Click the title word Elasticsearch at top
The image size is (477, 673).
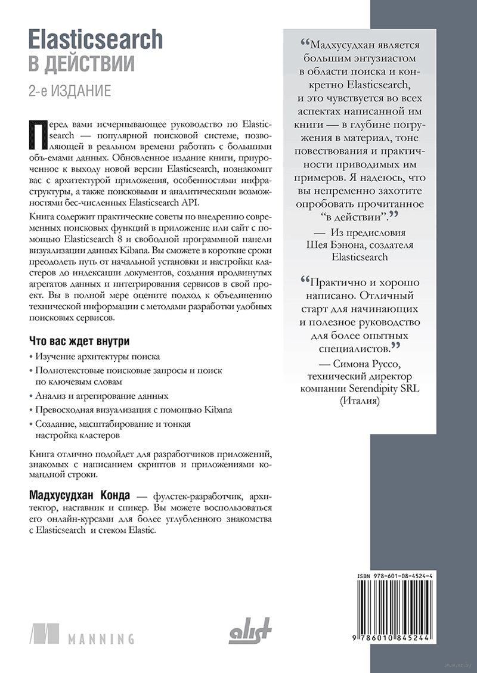(95, 39)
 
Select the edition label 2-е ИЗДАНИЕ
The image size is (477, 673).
(70, 91)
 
